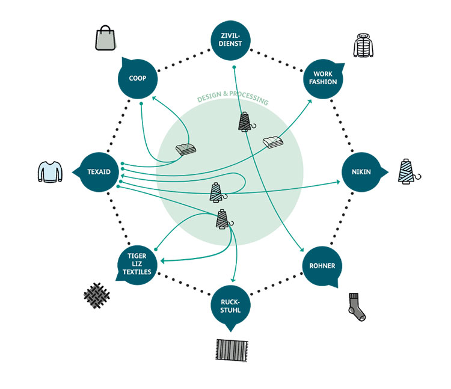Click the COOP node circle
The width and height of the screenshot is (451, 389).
click(x=138, y=79)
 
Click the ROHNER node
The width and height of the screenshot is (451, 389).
click(x=323, y=266)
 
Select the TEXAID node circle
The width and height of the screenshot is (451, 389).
click(x=99, y=172)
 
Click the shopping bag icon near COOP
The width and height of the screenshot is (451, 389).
click(x=104, y=37)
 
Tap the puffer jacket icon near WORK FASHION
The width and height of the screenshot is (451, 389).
click(x=363, y=45)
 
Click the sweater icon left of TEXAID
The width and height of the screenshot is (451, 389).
click(x=50, y=172)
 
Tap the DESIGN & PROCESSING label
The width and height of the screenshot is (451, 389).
click(x=233, y=100)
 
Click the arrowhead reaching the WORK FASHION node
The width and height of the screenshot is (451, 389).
click(x=310, y=101)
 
